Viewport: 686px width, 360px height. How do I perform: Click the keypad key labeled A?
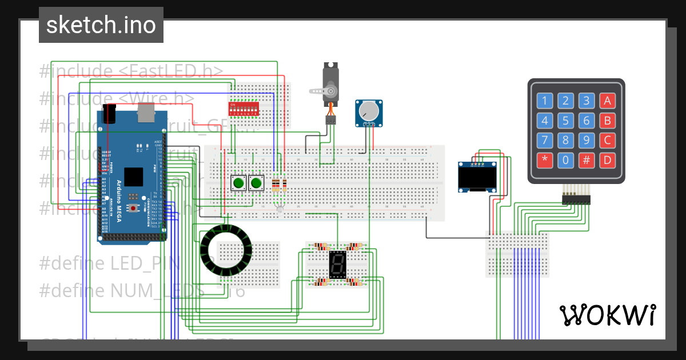pos(608,102)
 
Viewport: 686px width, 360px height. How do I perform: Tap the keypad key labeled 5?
pos(565,121)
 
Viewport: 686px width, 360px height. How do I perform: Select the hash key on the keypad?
pos(587,160)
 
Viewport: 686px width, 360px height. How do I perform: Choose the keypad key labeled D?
pos(608,160)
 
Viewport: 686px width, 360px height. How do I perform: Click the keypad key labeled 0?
pos(565,160)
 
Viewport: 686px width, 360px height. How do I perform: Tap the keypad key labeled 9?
pos(587,141)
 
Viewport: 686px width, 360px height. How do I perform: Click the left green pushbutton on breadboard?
pos(238,183)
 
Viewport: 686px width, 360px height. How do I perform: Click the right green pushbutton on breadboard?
pos(256,183)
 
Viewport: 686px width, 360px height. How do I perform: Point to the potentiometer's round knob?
pos(369,110)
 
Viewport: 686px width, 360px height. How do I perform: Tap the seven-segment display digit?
pos(337,264)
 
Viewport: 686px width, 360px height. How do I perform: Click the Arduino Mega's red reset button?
pos(133,209)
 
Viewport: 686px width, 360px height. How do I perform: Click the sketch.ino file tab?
pos(101,25)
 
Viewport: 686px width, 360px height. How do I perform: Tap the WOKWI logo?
pos(607,315)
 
